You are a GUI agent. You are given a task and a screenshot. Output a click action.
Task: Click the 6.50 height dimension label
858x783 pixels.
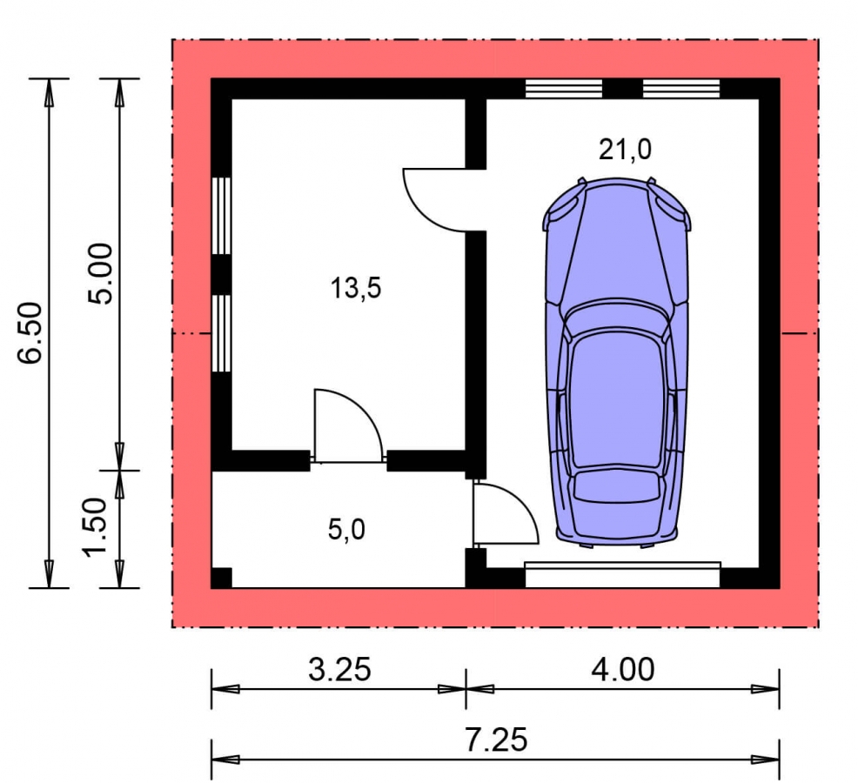pyautogui.click(x=30, y=332)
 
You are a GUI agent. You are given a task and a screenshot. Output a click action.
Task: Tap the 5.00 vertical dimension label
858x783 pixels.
pyautogui.click(x=101, y=273)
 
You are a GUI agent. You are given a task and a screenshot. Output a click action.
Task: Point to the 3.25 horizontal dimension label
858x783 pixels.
pyautogui.click(x=339, y=669)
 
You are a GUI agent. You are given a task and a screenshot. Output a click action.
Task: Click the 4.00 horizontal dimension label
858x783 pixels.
pyautogui.click(x=623, y=669)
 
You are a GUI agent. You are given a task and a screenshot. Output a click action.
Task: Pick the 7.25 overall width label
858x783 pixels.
pyautogui.click(x=496, y=739)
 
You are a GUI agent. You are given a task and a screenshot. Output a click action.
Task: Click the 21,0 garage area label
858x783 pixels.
pyautogui.click(x=625, y=150)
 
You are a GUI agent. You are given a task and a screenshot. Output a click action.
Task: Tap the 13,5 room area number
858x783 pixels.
pyautogui.click(x=356, y=288)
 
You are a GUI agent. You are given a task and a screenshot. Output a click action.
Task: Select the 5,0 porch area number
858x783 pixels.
pyautogui.click(x=346, y=530)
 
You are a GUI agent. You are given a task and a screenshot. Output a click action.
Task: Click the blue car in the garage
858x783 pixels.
pyautogui.click(x=617, y=362)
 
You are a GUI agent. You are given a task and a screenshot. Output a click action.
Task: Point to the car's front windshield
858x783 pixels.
pyautogui.click(x=617, y=317)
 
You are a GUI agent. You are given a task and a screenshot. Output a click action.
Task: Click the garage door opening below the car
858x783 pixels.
pyautogui.click(x=623, y=574)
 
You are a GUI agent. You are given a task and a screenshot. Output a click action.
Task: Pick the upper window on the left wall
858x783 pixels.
pyautogui.click(x=221, y=216)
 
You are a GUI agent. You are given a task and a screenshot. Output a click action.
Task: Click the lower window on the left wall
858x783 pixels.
pyautogui.click(x=221, y=333)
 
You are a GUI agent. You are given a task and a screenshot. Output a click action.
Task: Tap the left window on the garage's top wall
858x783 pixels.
pyautogui.click(x=564, y=88)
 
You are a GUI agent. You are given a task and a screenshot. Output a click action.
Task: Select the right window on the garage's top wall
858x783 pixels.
pyautogui.click(x=681, y=88)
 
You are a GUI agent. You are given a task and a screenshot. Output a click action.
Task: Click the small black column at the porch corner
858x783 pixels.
pyautogui.click(x=222, y=578)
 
